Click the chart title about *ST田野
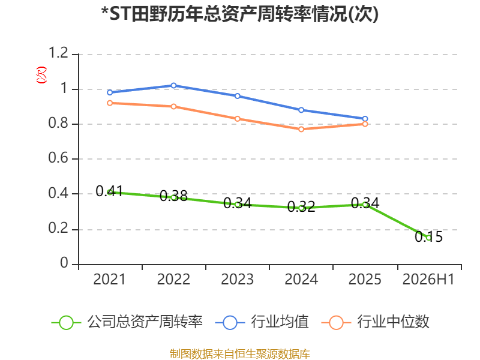(240, 14)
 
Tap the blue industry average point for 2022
(173, 85)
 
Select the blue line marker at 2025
(365, 119)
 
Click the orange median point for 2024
(301, 129)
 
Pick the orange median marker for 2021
(110, 103)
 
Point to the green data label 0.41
(109, 191)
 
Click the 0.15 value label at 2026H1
(428, 236)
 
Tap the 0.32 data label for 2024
(301, 207)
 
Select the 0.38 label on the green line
(173, 196)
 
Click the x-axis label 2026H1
(428, 280)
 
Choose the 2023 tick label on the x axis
(237, 280)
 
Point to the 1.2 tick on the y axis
(58, 53)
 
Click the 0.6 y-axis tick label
(58, 158)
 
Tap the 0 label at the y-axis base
(64, 263)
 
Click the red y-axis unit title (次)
(41, 75)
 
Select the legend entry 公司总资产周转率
(127, 322)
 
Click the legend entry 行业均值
(262, 322)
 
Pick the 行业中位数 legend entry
(376, 322)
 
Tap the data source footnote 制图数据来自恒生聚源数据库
(240, 354)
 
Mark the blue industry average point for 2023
(237, 96)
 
